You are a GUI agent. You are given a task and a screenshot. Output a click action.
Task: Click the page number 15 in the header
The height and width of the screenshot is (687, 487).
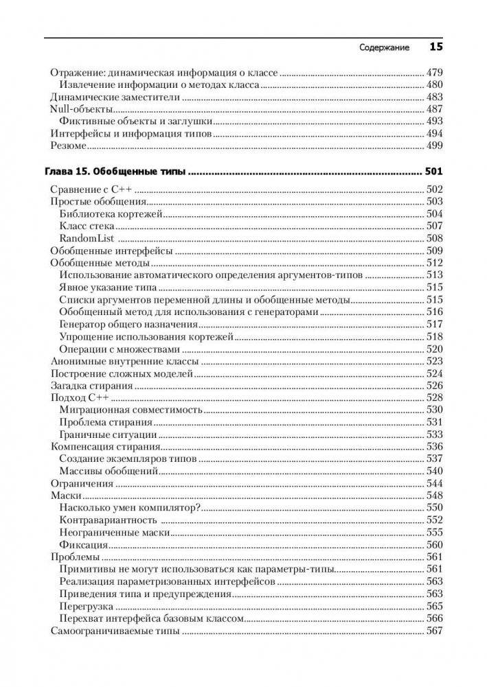(436, 47)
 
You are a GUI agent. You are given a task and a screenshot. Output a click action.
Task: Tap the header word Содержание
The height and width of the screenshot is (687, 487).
(385, 48)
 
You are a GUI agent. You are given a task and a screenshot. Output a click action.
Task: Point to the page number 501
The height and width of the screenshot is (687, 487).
(434, 172)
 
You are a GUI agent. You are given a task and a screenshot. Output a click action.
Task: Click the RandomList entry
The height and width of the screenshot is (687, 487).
(86, 238)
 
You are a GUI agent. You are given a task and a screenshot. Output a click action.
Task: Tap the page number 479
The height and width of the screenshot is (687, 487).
(435, 72)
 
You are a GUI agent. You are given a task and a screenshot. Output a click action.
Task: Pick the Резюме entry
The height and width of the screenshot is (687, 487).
(69, 146)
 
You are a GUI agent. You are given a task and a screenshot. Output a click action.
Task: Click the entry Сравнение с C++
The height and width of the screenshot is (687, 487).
(91, 189)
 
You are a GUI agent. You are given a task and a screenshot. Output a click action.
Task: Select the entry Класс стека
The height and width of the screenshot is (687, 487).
(87, 226)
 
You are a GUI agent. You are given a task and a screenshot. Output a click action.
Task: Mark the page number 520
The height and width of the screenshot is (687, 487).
(435, 349)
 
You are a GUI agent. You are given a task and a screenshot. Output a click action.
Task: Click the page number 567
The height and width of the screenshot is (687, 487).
(435, 631)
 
